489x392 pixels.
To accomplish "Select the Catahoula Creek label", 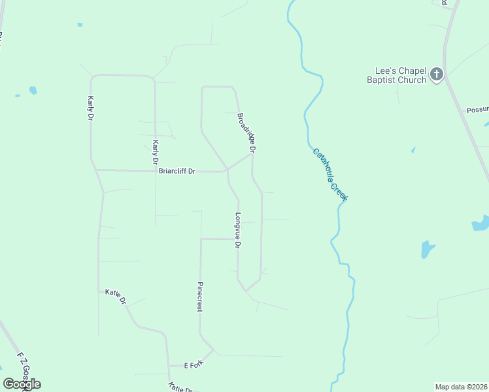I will coord(329,174).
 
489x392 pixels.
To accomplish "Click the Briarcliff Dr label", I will coord(177,171).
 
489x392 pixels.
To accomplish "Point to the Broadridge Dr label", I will coord(246,133).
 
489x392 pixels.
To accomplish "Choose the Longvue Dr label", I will coord(238,231).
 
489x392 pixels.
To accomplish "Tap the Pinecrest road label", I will coord(200,297).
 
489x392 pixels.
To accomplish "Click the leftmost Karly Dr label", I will coord(91,108).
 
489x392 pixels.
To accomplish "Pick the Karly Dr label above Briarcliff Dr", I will coord(155,152).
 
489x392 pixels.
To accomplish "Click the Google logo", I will coord(22,384).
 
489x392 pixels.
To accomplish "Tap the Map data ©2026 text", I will coord(461,386).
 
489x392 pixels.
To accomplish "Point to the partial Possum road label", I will coord(477,110).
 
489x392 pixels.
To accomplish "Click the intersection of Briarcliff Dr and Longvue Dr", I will coord(227,171).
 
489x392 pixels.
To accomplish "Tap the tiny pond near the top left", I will coord(80,25).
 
